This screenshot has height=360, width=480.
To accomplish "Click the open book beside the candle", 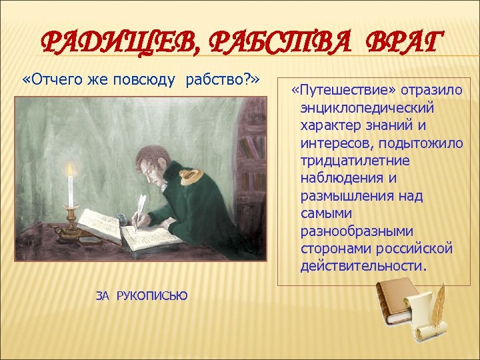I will point(100,224).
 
